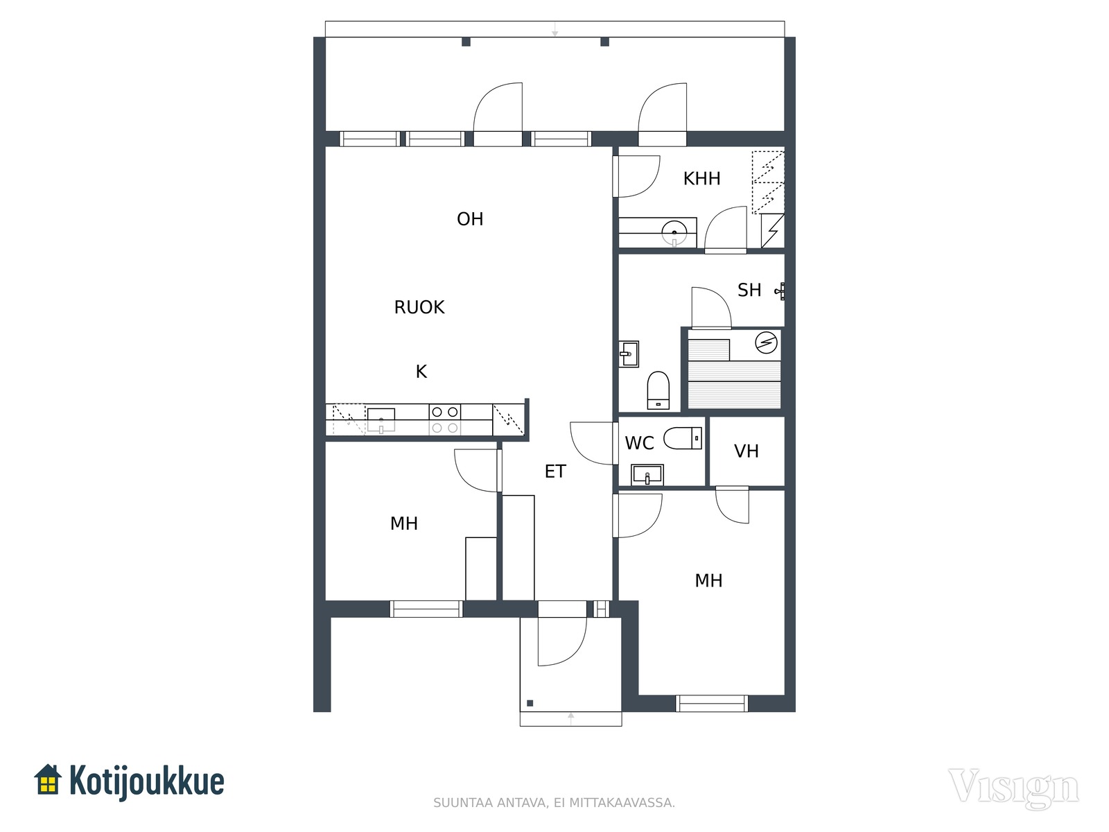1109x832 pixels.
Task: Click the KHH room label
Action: click(x=701, y=178)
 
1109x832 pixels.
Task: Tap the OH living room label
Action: click(x=470, y=218)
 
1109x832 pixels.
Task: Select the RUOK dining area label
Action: click(x=419, y=307)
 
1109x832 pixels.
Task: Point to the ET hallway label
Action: click(x=555, y=471)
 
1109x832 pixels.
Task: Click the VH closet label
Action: click(x=746, y=451)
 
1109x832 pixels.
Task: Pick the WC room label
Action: click(x=639, y=443)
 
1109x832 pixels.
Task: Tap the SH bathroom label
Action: click(x=749, y=290)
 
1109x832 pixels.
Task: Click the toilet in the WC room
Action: click(x=683, y=438)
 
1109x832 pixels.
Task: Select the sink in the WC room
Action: click(x=647, y=475)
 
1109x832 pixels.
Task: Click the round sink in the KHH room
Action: click(x=674, y=233)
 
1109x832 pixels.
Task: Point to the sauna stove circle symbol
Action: click(x=766, y=343)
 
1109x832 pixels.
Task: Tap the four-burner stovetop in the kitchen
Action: click(x=445, y=419)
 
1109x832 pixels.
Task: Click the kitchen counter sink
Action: click(x=381, y=420)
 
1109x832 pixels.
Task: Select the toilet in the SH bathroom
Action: click(x=658, y=390)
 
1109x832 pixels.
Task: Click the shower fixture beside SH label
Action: click(x=780, y=291)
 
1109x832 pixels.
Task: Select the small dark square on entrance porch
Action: click(x=530, y=703)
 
